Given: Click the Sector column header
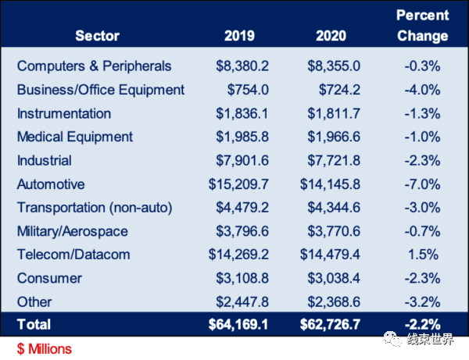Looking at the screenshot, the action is pyautogui.click(x=97, y=36).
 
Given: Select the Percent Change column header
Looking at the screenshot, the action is pyautogui.click(x=422, y=26).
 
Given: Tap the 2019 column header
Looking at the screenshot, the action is pyautogui.click(x=239, y=36).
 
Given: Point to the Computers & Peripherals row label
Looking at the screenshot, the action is pyautogui.click(x=95, y=66).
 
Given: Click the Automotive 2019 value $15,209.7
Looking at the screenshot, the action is pyautogui.click(x=238, y=184).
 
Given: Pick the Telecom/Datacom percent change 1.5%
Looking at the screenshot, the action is pyautogui.click(x=423, y=255).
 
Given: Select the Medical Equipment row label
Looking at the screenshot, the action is pyautogui.click(x=75, y=137).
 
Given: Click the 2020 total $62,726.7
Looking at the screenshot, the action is pyautogui.click(x=330, y=324).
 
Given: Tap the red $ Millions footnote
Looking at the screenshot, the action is pyautogui.click(x=45, y=349).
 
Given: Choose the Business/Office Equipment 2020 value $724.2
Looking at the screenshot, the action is pyautogui.click(x=339, y=90).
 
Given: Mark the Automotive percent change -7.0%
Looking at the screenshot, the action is pyautogui.click(x=422, y=184).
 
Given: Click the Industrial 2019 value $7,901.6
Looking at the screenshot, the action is pyautogui.click(x=242, y=160).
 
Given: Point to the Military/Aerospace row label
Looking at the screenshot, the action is pyautogui.click(x=73, y=231).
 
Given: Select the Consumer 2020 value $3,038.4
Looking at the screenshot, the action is pyautogui.click(x=334, y=278).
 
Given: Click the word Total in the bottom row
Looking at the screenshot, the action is pyautogui.click(x=34, y=324).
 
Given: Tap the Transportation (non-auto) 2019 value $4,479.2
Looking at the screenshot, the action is pyautogui.click(x=242, y=208).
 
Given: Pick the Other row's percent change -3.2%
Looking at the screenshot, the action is pyautogui.click(x=422, y=301).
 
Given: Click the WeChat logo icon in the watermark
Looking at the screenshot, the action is pyautogui.click(x=393, y=339).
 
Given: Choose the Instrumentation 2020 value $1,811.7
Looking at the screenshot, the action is pyautogui.click(x=334, y=113).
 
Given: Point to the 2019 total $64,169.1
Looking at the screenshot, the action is pyautogui.click(x=238, y=324).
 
